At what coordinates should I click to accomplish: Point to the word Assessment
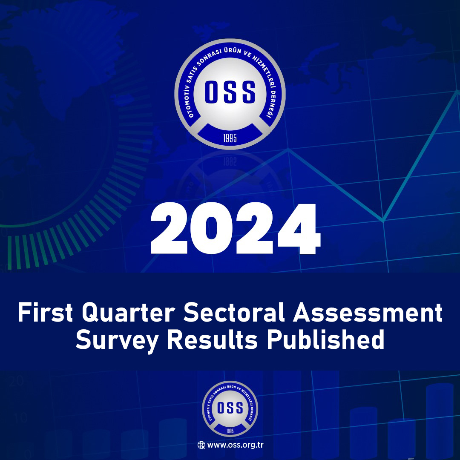click(x=367, y=314)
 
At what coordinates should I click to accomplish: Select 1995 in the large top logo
click(x=230, y=138)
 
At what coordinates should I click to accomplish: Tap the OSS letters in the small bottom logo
click(x=230, y=408)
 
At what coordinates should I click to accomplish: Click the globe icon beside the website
click(x=201, y=446)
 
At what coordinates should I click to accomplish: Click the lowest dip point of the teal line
click(x=383, y=220)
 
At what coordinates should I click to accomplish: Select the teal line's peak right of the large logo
click(x=288, y=149)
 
